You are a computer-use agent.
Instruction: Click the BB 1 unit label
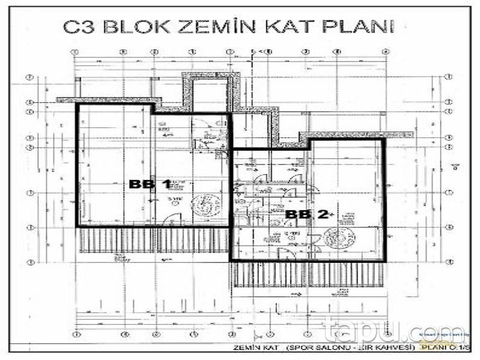click(x=150, y=185)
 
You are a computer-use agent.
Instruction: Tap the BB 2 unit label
click(x=307, y=214)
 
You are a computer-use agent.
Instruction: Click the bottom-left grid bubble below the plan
click(x=75, y=332)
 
